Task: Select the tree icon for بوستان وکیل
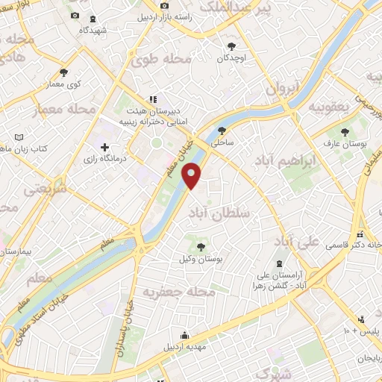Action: [199, 246]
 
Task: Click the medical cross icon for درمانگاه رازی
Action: [104, 147]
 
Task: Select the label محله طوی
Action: [162, 58]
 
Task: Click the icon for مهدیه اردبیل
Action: [184, 336]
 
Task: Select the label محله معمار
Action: [66, 110]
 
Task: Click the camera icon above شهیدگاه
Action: [74, 16]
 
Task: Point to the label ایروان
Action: [281, 88]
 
